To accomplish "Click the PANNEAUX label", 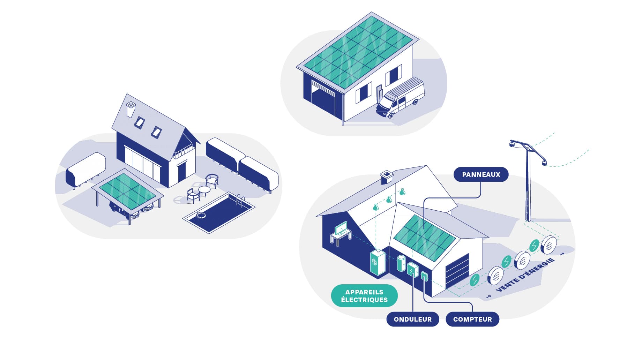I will coord(481,174).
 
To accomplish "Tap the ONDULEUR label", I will coord(412,319).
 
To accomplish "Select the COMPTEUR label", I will coord(472,319).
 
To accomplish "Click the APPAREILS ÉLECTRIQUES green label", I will coord(364,296).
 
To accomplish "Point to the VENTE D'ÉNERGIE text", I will coord(525,274).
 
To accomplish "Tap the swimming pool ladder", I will coord(240,200).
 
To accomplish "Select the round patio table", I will coord(204,190).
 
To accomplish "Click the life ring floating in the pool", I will coord(201,215).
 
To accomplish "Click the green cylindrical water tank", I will coord(402,263).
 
